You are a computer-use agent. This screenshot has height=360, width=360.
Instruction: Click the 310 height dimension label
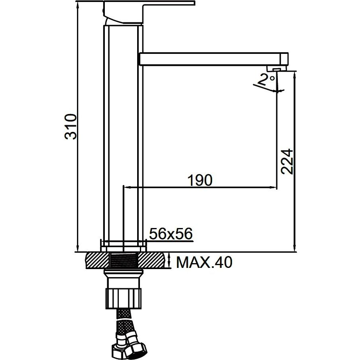point(70,126)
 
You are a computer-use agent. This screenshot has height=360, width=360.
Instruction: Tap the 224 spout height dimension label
point(287,161)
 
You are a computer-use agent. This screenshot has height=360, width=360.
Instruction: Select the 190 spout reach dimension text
point(200,180)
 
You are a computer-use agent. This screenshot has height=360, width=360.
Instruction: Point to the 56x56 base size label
point(171,234)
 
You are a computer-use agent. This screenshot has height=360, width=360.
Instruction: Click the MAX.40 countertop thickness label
point(204,262)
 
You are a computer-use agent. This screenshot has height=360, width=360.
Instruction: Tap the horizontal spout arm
point(214,59)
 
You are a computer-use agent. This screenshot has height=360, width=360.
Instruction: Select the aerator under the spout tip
point(276,69)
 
